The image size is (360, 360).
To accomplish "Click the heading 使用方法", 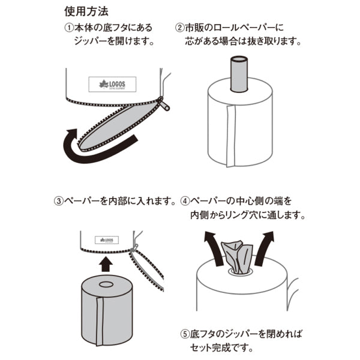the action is point(86,11).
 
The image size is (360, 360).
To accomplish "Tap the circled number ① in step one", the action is point(68,28).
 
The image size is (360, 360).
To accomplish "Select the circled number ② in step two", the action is point(179,28).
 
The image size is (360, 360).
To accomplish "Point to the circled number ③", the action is point(58,202).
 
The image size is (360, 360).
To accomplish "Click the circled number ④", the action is point(185,202).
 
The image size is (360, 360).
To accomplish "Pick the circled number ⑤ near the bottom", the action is point(185,334).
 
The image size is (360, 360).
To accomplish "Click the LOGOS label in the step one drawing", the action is point(112,85).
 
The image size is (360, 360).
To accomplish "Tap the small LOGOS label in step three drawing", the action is point(107,240).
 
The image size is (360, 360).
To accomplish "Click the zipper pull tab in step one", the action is point(164,104).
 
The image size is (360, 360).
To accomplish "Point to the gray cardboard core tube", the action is point(239,74).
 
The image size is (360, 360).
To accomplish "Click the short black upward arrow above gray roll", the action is point(106,264).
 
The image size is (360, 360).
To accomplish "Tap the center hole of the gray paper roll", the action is point(106,284).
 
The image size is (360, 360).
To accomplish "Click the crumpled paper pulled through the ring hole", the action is point(237,257).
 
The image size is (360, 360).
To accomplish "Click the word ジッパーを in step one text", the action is point(94,41).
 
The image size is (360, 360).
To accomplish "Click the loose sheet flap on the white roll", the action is point(231,136).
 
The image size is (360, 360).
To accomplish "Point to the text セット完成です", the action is point(221,348).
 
